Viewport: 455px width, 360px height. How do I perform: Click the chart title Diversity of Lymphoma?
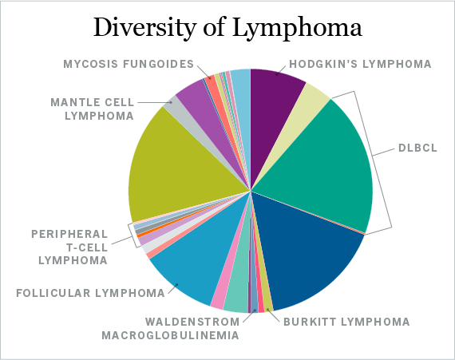[x=227, y=29]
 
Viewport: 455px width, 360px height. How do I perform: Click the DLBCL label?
[x=417, y=148]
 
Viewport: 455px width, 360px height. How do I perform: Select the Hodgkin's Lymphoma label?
[x=360, y=64]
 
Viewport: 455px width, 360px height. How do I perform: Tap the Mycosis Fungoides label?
[x=129, y=64]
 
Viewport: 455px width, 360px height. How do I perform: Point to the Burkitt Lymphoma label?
[x=346, y=322]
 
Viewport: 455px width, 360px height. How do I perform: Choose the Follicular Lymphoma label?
[x=90, y=293]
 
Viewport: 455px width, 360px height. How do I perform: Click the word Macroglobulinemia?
[x=170, y=335]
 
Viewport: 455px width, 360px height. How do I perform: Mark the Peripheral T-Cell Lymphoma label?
[x=69, y=247]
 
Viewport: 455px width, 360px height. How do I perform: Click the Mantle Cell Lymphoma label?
[x=93, y=109]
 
